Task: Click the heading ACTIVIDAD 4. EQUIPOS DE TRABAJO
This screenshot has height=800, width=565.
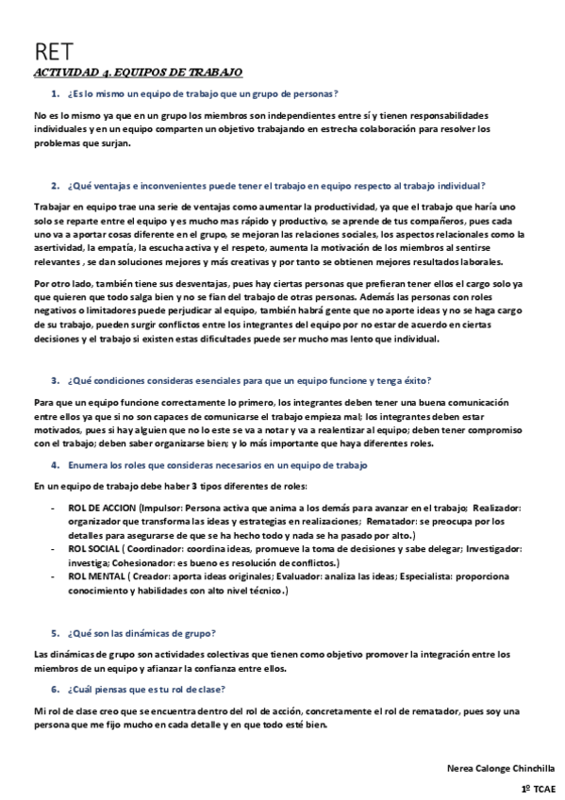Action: click(x=138, y=73)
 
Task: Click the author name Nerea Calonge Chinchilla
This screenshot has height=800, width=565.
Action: click(x=501, y=769)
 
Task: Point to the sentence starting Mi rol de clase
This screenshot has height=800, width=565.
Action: click(x=283, y=717)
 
